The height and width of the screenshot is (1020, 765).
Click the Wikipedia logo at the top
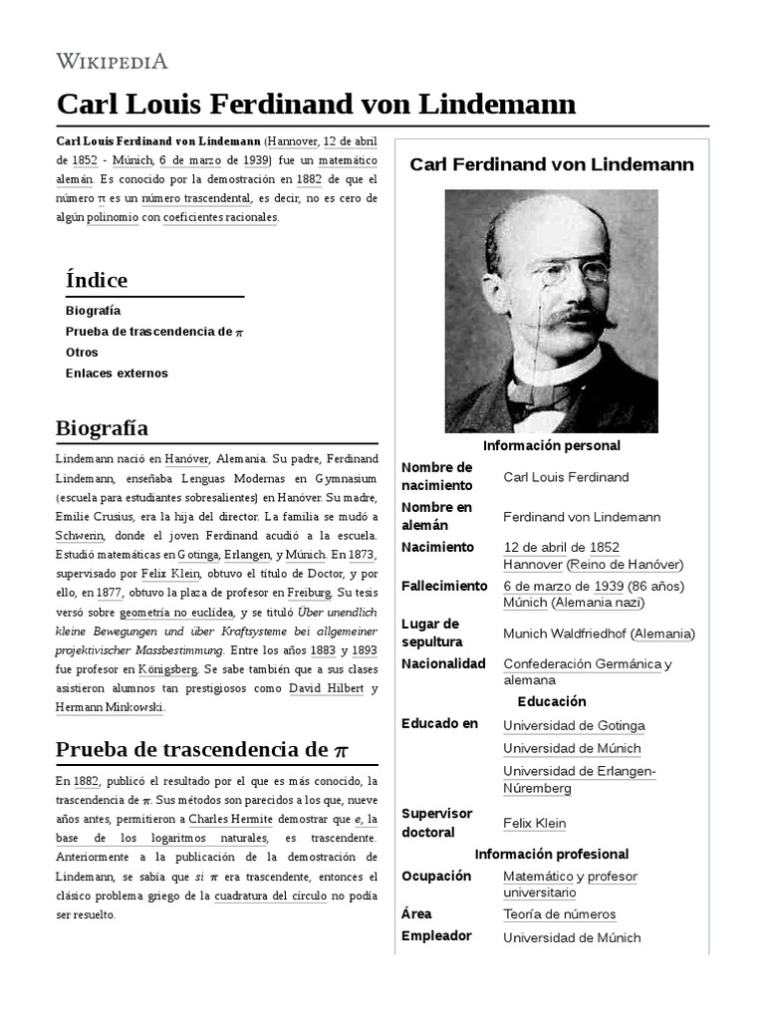pyautogui.click(x=112, y=62)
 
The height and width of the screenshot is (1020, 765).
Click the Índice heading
pyautogui.click(x=96, y=280)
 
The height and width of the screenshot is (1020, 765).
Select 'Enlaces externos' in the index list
pyautogui.click(x=117, y=374)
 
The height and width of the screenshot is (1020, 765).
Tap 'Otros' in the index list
pyautogui.click(x=82, y=353)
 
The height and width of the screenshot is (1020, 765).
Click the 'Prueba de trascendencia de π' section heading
pyautogui.click(x=202, y=748)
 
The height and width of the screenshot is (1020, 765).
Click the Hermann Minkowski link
pyautogui.click(x=110, y=707)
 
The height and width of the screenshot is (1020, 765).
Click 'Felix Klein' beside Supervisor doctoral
pyautogui.click(x=534, y=824)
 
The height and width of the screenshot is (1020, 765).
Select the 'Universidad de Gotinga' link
pyautogui.click(x=574, y=726)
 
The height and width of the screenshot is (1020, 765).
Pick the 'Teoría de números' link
pyautogui.click(x=559, y=914)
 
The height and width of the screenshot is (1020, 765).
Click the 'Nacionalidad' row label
pyautogui.click(x=443, y=663)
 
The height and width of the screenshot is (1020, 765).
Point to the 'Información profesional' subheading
pyautogui.click(x=551, y=854)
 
